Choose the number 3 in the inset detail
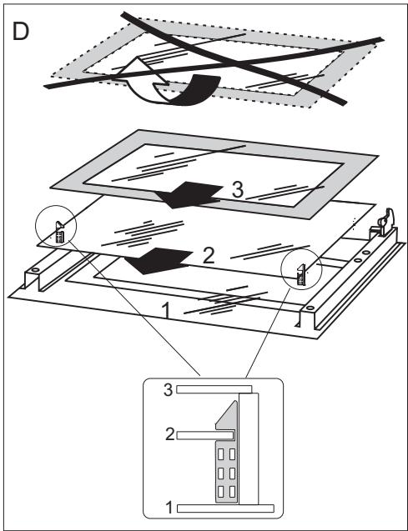[x=170, y=388]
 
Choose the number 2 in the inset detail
[x=170, y=434]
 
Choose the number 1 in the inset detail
[x=170, y=505]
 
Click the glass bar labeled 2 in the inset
[x=197, y=434]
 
